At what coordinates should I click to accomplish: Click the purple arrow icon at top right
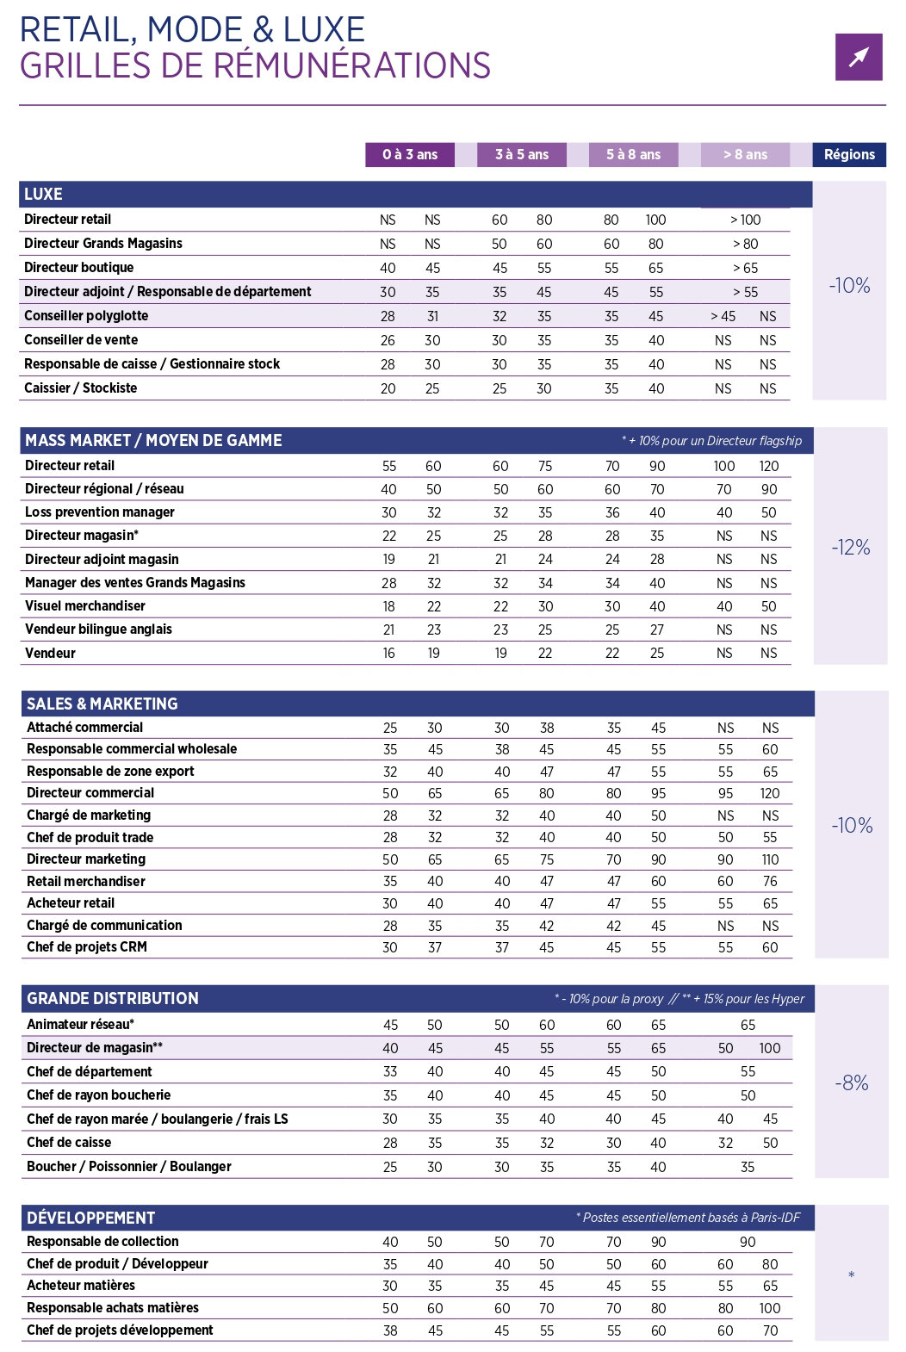pyautogui.click(x=859, y=57)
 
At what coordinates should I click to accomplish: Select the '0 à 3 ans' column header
pyautogui.click(x=410, y=155)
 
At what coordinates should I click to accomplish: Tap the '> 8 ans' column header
pyautogui.click(x=745, y=155)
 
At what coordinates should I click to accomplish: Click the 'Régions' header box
pyautogui.click(x=849, y=155)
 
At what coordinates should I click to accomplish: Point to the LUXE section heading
pyautogui.click(x=43, y=195)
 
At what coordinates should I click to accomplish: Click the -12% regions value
pyautogui.click(x=851, y=548)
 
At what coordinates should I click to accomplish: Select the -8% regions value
pyautogui.click(x=852, y=1083)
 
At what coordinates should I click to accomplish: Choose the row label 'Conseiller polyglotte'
pyautogui.click(x=86, y=316)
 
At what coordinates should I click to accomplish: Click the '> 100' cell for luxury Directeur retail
pyautogui.click(x=745, y=220)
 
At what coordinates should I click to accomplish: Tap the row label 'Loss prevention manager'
pyautogui.click(x=100, y=512)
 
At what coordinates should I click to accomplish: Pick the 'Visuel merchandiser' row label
pyautogui.click(x=85, y=606)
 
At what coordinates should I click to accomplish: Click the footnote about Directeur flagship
pyautogui.click(x=711, y=441)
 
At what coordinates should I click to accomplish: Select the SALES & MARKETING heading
pyautogui.click(x=102, y=704)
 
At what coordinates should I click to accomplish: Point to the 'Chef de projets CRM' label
pyautogui.click(x=87, y=947)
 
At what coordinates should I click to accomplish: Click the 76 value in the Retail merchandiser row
pyautogui.click(x=770, y=882)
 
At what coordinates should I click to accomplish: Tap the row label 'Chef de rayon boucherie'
pyautogui.click(x=99, y=1095)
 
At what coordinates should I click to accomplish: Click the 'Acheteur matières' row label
pyautogui.click(x=81, y=1286)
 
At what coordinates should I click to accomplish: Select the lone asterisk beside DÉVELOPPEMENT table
pyautogui.click(x=851, y=1275)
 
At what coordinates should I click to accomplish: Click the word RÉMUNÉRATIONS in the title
pyautogui.click(x=352, y=66)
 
